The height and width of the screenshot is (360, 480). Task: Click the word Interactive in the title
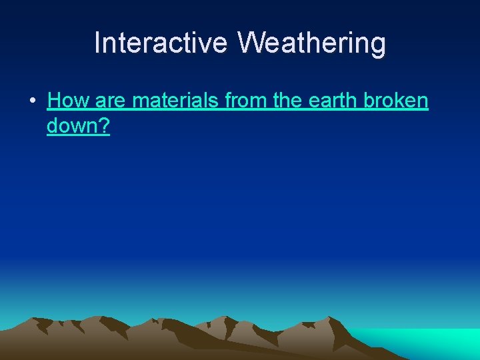pos(162,43)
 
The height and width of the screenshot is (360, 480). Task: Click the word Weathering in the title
pos(312,43)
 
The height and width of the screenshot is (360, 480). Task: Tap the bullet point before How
pos(32,102)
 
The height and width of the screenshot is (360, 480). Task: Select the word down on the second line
pos(71,126)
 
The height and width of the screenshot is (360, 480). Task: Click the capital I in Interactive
pos(98,43)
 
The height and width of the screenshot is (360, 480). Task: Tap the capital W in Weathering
pos(250,43)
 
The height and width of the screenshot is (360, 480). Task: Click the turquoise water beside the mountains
pos(427,343)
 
